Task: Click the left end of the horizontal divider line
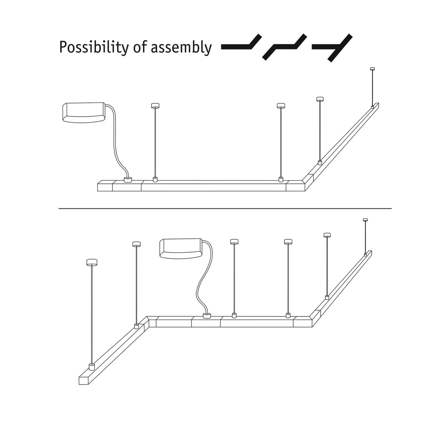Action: pyautogui.click(x=59, y=208)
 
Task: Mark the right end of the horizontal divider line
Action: pyautogui.click(x=392, y=208)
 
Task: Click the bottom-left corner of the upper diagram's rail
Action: pyautogui.click(x=98, y=191)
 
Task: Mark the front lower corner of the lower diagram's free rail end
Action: pyautogui.click(x=79, y=384)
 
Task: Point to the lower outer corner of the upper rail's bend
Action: pyautogui.click(x=305, y=191)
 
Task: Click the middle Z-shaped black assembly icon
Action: pyautogui.click(x=285, y=47)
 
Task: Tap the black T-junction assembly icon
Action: pyautogui.click(x=332, y=48)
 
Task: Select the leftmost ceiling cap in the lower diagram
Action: pyautogui.click(x=92, y=262)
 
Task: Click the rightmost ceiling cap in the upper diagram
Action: pyautogui.click(x=372, y=69)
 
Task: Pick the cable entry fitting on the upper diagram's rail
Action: pyautogui.click(x=128, y=180)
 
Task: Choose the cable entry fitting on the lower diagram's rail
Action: pyautogui.click(x=206, y=316)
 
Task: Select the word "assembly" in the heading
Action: pyautogui.click(x=181, y=48)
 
